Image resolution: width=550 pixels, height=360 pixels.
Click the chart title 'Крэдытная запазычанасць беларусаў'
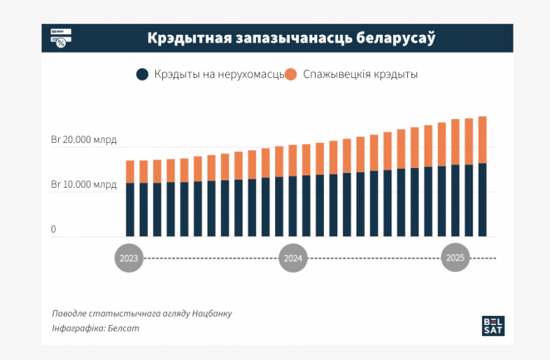point(292,38)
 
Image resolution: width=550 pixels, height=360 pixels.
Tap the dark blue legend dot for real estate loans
point(142,75)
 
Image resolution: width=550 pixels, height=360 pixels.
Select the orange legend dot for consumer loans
point(291,75)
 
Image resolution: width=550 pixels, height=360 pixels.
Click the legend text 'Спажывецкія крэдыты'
point(361,75)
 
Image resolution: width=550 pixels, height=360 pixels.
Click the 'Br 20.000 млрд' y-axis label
point(84,141)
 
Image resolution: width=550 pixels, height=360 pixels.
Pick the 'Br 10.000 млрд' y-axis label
point(84,184)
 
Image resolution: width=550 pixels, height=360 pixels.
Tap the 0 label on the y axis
point(53,229)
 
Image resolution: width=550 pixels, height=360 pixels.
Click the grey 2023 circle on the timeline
point(130,259)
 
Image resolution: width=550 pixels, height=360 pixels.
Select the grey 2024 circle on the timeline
point(292,259)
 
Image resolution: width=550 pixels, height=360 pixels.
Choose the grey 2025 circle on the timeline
point(455,259)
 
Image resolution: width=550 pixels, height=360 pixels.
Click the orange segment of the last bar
point(482,140)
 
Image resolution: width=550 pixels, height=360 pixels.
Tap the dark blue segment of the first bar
point(130,210)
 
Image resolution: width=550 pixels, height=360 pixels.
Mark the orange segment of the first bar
point(130,171)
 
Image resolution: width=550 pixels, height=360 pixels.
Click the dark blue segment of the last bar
point(482,200)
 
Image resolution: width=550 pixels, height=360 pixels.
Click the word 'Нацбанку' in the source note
point(212,313)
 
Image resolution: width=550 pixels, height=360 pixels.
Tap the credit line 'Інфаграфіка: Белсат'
point(96,329)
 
